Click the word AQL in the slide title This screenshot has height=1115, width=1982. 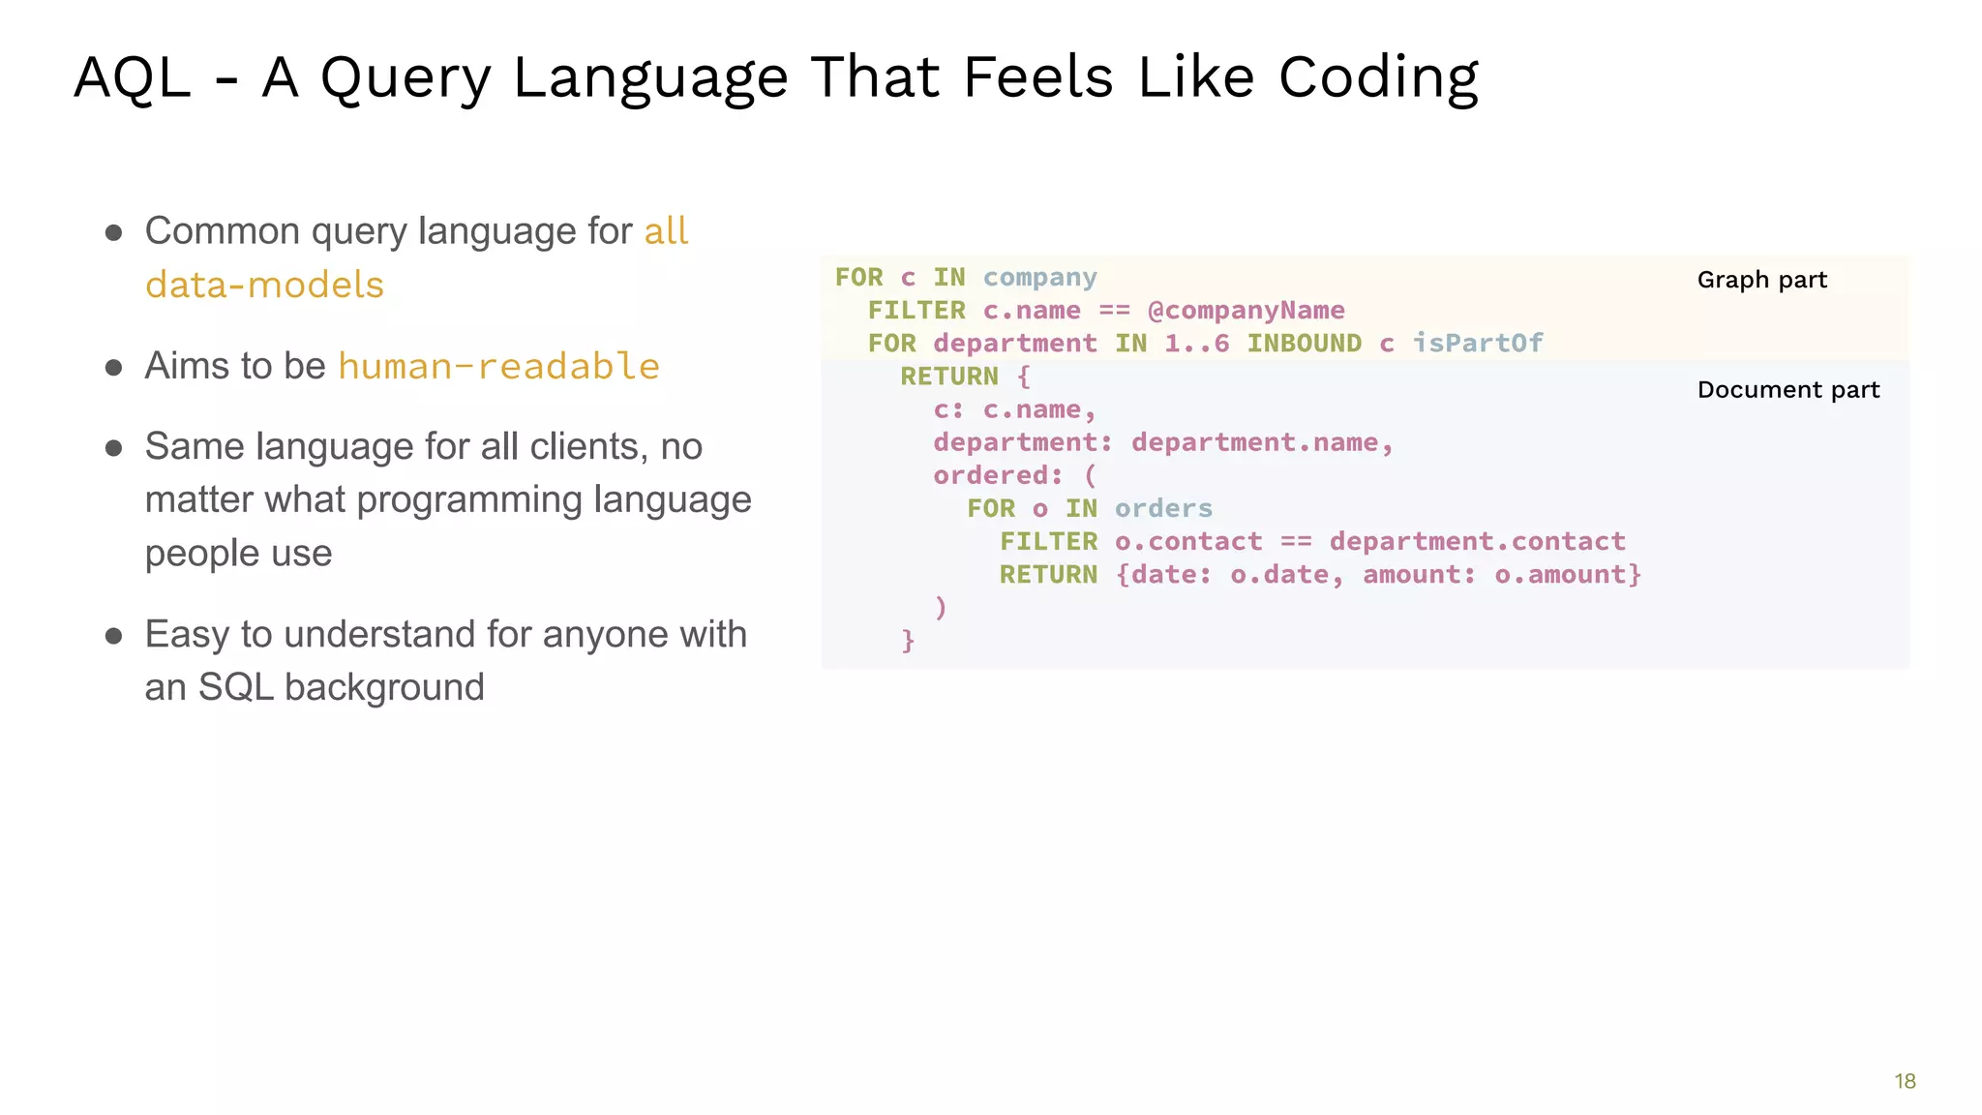[132, 77]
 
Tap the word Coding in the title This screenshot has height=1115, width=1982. [1378, 77]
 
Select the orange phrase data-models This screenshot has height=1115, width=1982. [264, 286]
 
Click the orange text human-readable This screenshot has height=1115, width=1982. [498, 367]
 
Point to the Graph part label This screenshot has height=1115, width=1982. [1761, 281]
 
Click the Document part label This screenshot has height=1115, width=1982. [1787, 390]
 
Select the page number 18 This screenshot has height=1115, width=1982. [1905, 1081]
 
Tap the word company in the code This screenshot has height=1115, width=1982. [1039, 278]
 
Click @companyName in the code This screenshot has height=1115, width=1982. [1246, 311]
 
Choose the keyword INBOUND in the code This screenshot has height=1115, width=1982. [1303, 344]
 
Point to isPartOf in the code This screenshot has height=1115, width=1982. [1478, 344]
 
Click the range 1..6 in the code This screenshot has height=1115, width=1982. [1196, 344]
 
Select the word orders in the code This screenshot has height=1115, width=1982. [1163, 509]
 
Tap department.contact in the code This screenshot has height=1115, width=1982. [1477, 542]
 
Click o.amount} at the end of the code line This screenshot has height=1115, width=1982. [1568, 575]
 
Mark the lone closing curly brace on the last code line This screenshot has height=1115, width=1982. [908, 641]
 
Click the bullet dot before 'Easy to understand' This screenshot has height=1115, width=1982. [114, 636]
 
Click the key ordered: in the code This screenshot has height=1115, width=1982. [998, 476]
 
